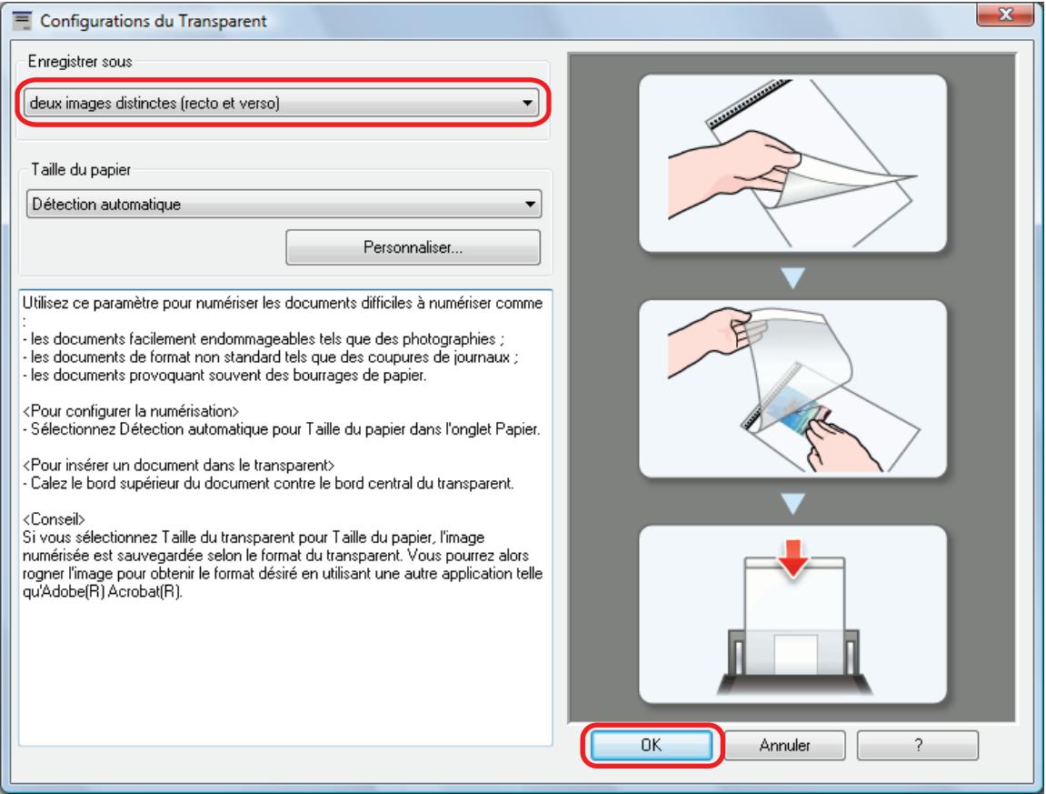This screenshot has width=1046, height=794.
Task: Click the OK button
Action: (x=651, y=745)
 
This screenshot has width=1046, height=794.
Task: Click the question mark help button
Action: (x=918, y=745)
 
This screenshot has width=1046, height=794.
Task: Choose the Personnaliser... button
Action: (x=413, y=247)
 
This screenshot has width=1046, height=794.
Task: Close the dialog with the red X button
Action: (x=1005, y=15)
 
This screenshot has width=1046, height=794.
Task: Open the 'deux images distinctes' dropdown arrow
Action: (x=528, y=104)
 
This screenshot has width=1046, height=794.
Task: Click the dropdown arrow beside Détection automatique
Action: (x=531, y=205)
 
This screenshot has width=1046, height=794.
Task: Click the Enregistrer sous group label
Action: (x=80, y=62)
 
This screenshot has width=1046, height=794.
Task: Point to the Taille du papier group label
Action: (x=81, y=169)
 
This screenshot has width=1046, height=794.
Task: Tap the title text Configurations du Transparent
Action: (x=153, y=21)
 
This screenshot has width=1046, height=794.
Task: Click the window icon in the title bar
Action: (x=22, y=20)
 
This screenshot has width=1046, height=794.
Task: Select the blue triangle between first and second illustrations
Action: (x=792, y=277)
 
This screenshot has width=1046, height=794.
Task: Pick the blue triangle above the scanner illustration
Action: (x=792, y=503)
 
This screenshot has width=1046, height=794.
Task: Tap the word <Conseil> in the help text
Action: (x=54, y=519)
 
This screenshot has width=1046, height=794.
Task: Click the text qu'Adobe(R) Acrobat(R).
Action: (x=102, y=592)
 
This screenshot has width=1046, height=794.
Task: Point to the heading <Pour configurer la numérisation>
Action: (x=131, y=411)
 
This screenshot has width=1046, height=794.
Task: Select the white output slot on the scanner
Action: (x=795, y=655)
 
